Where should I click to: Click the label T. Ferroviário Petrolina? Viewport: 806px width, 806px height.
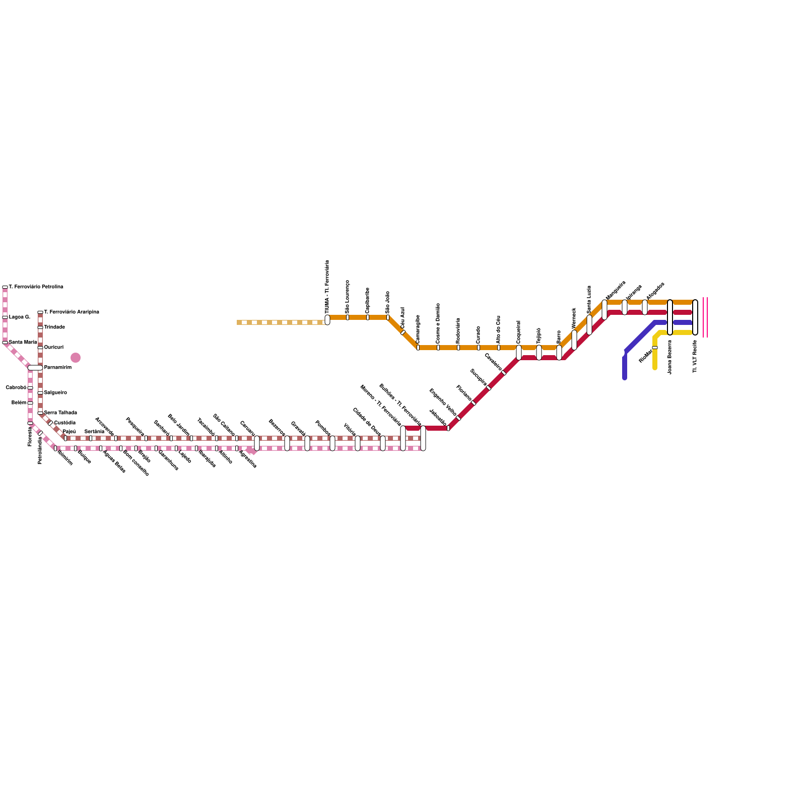(x=36, y=287)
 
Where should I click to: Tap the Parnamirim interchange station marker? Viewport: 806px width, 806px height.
(x=35, y=368)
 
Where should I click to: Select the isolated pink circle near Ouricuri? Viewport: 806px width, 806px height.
(x=76, y=358)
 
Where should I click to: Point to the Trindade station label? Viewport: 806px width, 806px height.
(x=54, y=327)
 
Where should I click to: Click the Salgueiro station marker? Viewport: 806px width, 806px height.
(x=40, y=393)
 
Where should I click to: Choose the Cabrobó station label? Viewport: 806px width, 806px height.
(x=16, y=388)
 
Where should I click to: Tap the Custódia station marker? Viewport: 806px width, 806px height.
(x=50, y=423)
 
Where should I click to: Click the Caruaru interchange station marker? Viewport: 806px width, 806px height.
(x=257, y=443)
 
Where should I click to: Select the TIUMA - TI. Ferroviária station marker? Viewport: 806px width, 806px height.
(x=327, y=320)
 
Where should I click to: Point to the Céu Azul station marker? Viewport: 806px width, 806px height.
(x=403, y=332)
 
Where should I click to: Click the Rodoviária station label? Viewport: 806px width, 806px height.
(x=458, y=330)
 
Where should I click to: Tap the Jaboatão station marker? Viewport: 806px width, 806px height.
(x=448, y=428)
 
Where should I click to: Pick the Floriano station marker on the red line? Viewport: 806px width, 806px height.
(x=474, y=403)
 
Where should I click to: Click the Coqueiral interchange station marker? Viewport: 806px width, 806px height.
(x=519, y=353)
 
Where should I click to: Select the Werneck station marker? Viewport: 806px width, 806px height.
(x=574, y=340)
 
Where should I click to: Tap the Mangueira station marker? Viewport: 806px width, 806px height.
(x=604, y=310)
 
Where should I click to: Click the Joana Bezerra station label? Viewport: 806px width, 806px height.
(x=670, y=357)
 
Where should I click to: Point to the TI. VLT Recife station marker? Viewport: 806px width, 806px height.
(x=695, y=317)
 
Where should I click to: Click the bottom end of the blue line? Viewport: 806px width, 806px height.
(x=625, y=377)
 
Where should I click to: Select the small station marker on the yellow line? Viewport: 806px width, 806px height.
(x=655, y=348)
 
